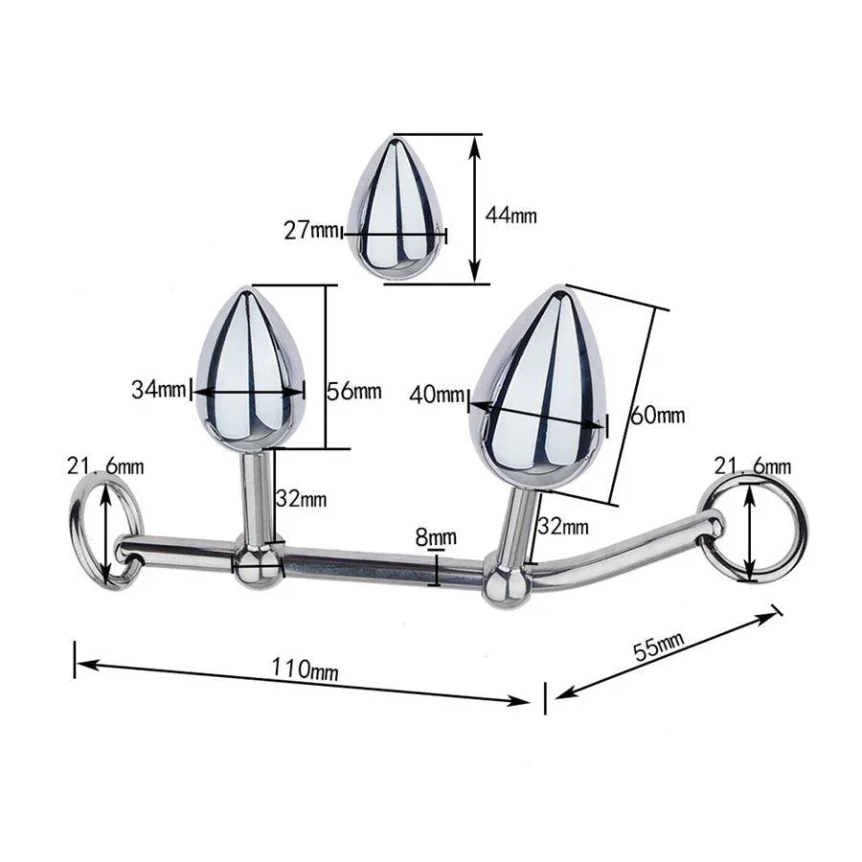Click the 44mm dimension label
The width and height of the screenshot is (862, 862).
tap(510, 215)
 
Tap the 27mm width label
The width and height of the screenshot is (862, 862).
tap(310, 230)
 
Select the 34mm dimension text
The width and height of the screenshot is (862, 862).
tap(158, 390)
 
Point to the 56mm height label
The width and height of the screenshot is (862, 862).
tap(354, 391)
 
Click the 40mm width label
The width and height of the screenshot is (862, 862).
tap(437, 395)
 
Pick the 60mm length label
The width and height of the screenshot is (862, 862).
tap(657, 415)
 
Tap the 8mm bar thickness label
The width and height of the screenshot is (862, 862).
tap(436, 537)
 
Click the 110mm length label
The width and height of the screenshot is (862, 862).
tap(306, 669)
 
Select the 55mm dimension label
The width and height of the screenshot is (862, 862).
tap(659, 646)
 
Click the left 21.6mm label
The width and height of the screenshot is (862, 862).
tap(105, 466)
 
